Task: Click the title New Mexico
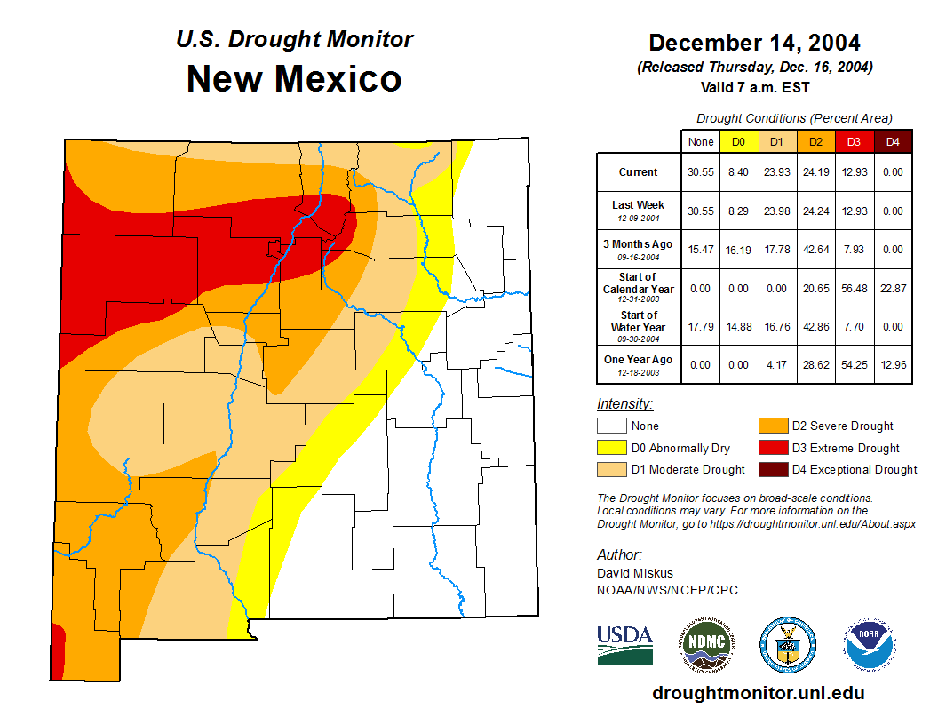(294, 78)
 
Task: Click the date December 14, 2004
(754, 42)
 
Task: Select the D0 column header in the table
(739, 141)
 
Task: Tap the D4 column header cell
(894, 141)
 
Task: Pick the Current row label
(639, 172)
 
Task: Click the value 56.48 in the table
(855, 289)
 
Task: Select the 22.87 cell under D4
(894, 289)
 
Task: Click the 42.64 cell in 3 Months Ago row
(816, 250)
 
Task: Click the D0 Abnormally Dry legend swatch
(612, 448)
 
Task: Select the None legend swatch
(612, 426)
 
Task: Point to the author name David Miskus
(635, 573)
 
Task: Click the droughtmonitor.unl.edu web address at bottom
(758, 693)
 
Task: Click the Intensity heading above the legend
(624, 403)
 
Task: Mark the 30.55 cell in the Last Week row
(701, 211)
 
